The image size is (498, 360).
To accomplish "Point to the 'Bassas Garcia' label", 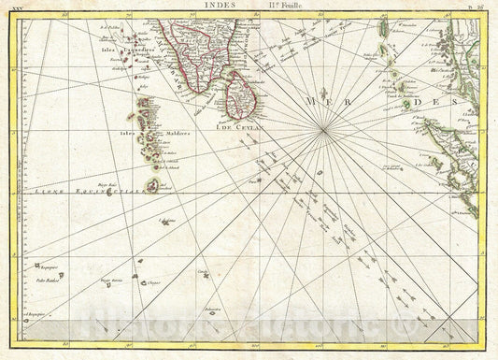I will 112,281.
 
